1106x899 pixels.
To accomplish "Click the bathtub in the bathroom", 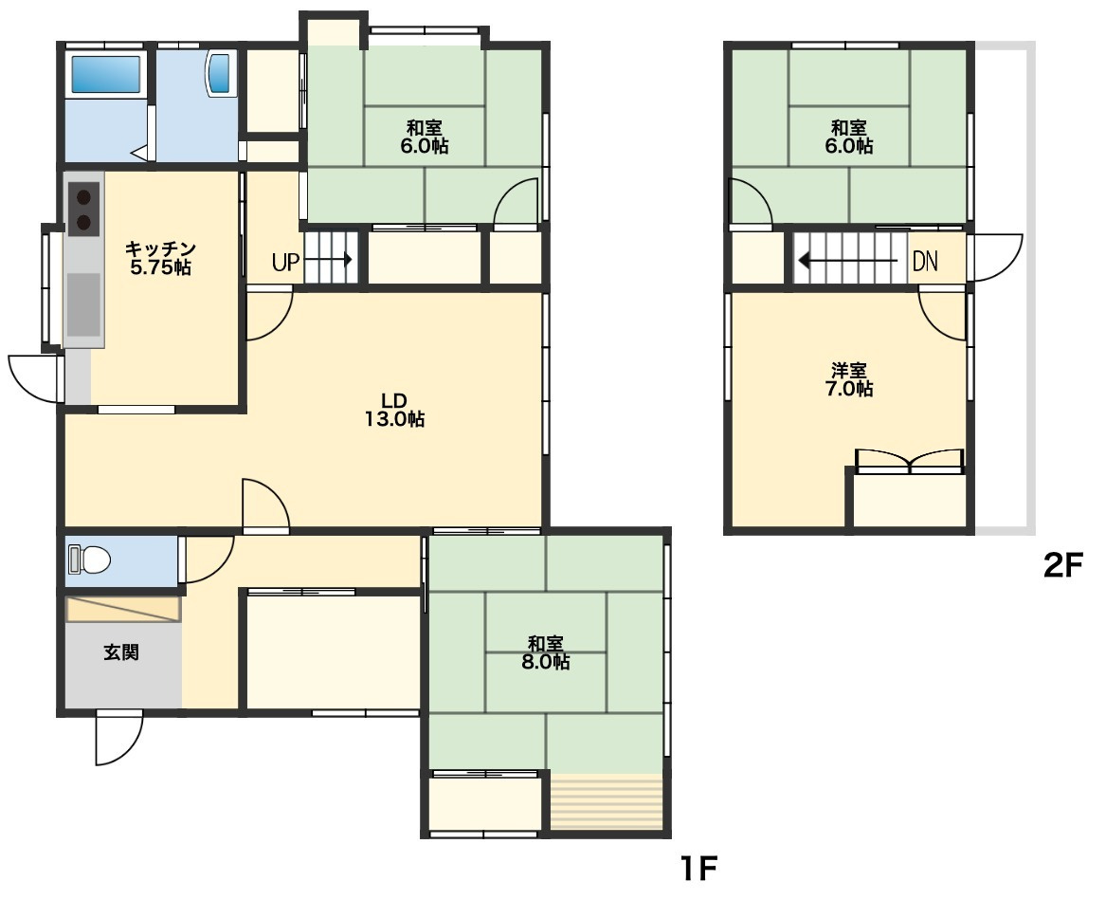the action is click(x=106, y=73).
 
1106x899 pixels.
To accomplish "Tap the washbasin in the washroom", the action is click(x=219, y=73).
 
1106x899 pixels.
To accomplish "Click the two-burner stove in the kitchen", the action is click(x=84, y=209).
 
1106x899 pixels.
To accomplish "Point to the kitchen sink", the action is click(x=84, y=305).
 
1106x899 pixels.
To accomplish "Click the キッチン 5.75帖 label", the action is click(x=160, y=258).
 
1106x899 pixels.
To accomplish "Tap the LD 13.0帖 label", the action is click(x=394, y=410).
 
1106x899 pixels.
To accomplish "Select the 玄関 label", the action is click(x=121, y=652).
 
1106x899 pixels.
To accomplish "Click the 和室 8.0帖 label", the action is click(x=546, y=652).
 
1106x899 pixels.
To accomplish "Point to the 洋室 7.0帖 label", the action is click(x=849, y=379).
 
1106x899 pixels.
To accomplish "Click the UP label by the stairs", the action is click(x=285, y=263).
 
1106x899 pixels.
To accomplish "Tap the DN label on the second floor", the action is click(x=925, y=261).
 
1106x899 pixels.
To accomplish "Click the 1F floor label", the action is click(x=698, y=868).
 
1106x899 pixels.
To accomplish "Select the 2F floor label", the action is click(x=1063, y=564).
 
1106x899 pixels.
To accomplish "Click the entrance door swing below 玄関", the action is click(x=118, y=738).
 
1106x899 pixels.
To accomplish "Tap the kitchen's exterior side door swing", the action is click(x=32, y=379).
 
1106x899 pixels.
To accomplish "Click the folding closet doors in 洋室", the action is click(x=910, y=462).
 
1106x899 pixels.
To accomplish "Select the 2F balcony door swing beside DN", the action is click(x=996, y=258).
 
